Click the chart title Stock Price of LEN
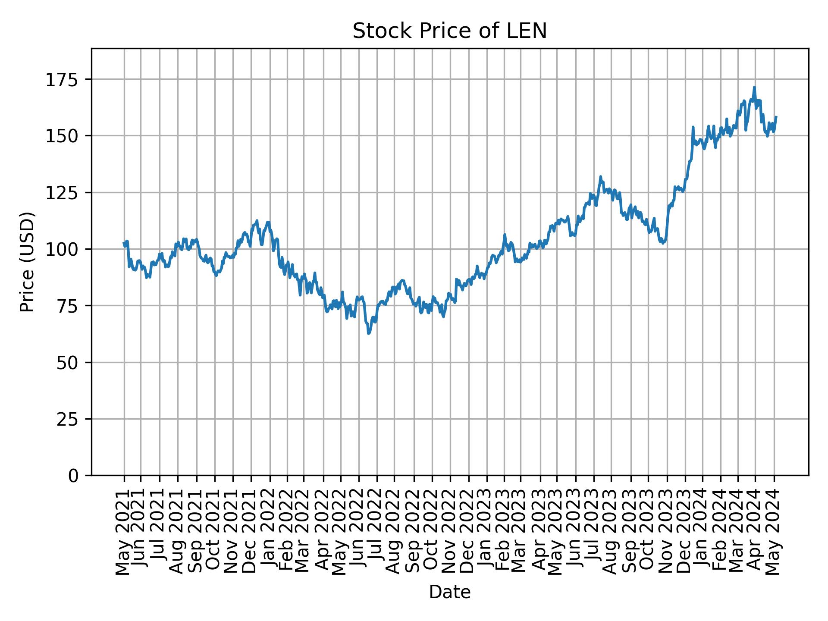coord(450,31)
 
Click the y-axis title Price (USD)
coord(27,262)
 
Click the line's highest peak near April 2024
coord(754,88)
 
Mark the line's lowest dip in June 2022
coord(368,333)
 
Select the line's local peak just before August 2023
coord(600,177)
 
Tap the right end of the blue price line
coord(776,117)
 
